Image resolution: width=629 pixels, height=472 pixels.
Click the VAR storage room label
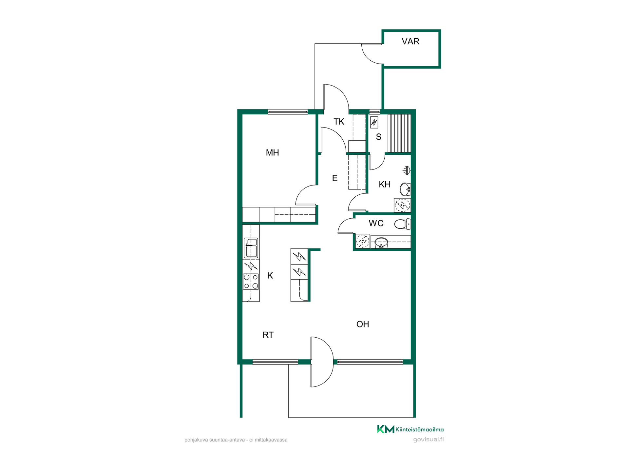coord(410,41)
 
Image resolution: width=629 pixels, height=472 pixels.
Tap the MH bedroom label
coord(272,152)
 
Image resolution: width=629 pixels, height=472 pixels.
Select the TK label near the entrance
coord(339,122)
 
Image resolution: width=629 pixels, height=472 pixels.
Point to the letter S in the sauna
coord(379,137)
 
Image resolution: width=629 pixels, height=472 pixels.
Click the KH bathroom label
coord(385,184)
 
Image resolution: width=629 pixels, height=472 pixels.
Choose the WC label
coord(376,223)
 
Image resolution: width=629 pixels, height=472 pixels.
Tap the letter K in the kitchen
coord(270,275)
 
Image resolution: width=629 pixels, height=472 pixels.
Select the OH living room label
coord(363,324)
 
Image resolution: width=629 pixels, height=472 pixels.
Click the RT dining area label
coord(268,335)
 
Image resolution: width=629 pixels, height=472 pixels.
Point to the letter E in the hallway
coord(334,178)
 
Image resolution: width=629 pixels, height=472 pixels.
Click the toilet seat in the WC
coord(402,224)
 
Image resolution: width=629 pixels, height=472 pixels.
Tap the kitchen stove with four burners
coord(251,282)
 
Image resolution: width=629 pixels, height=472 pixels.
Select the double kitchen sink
coord(251,248)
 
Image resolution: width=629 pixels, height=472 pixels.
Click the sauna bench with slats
coord(399,133)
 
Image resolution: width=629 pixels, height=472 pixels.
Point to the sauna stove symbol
coord(374,122)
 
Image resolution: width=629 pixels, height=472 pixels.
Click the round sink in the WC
coord(381,243)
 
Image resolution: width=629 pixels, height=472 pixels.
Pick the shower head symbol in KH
coord(407,170)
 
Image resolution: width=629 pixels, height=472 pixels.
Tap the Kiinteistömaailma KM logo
coord(410,429)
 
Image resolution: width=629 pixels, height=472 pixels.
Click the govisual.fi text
coord(428,440)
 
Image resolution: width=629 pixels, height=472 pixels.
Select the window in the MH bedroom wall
coord(288,112)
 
